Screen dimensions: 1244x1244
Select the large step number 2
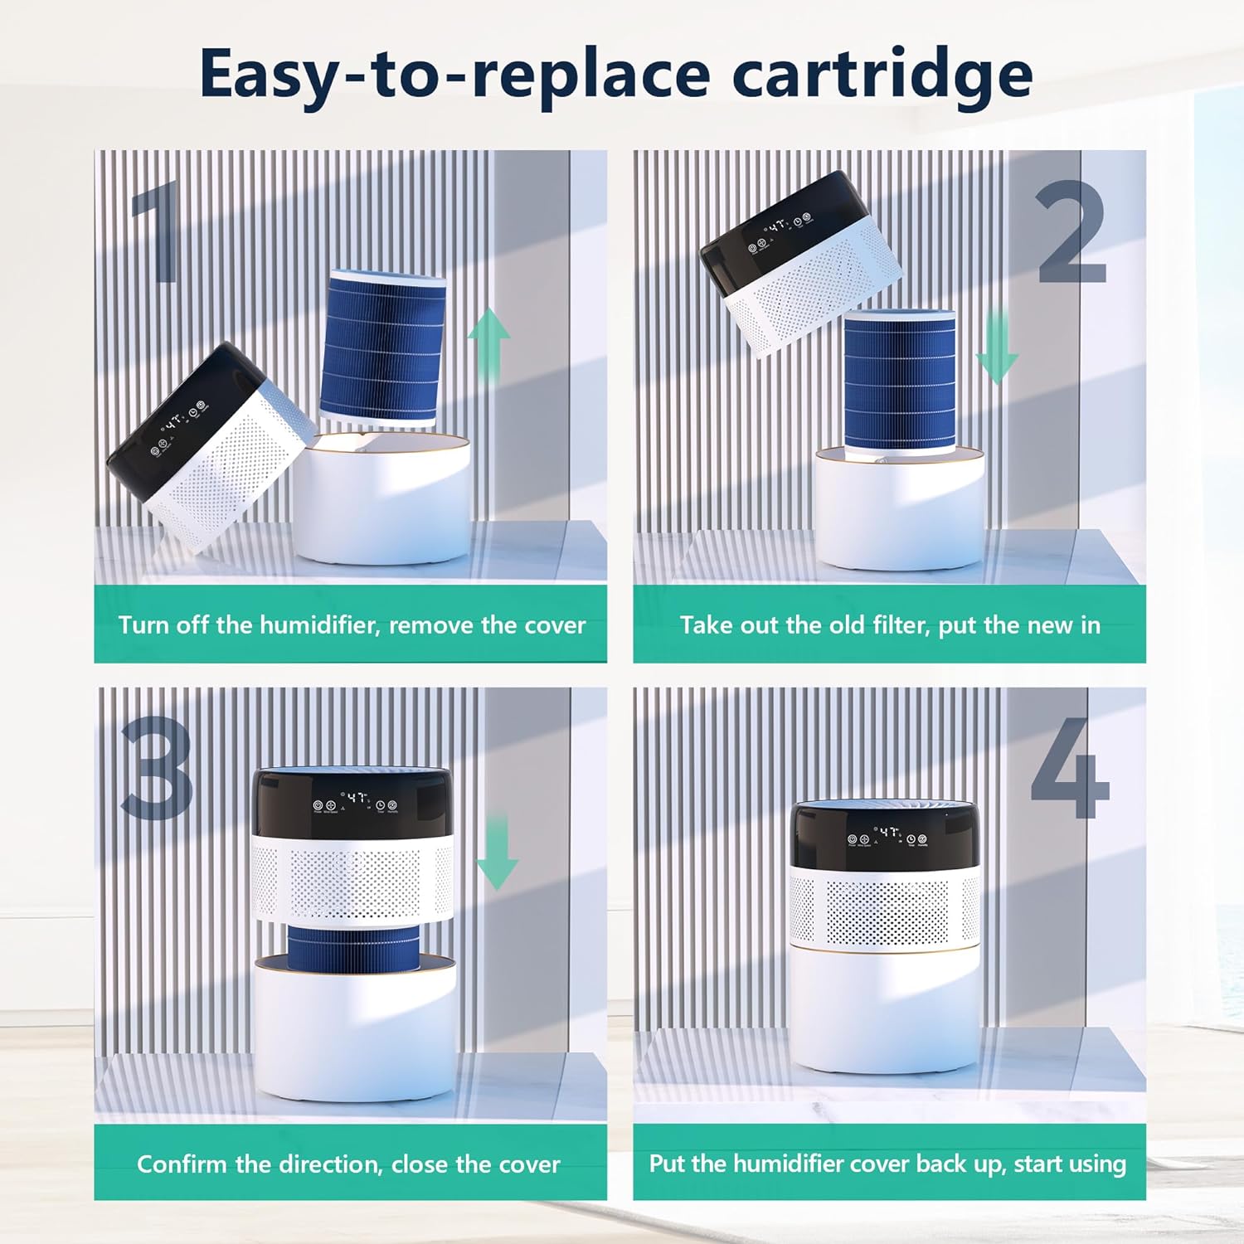pyautogui.click(x=1072, y=231)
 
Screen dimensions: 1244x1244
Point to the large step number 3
pyautogui.click(x=158, y=768)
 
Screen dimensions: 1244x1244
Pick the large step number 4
pyautogui.click(x=1070, y=768)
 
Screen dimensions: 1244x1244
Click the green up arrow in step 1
pyautogui.click(x=489, y=344)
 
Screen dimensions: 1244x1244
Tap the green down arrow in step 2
pyautogui.click(x=997, y=347)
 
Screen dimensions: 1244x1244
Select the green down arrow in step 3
pyautogui.click(x=498, y=852)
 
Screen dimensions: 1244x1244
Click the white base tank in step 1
pyautogui.click(x=383, y=498)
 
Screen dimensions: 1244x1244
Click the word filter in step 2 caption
pyautogui.click(x=899, y=624)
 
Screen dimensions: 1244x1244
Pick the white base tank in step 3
pyautogui.click(x=355, y=1028)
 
